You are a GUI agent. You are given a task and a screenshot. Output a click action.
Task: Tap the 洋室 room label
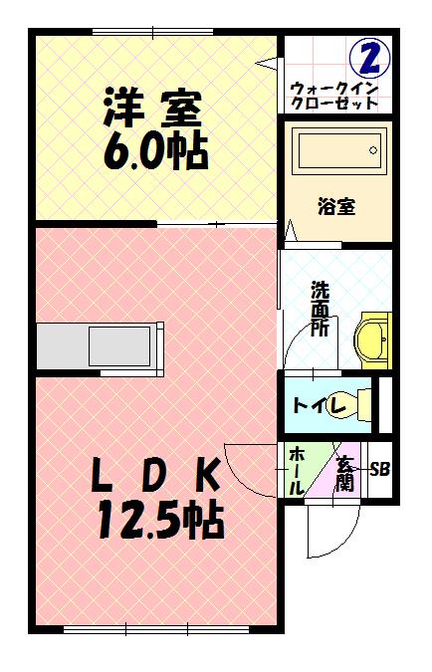pyautogui.click(x=152, y=108)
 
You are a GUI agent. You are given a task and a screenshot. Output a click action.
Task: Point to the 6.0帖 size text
pyautogui.click(x=154, y=151)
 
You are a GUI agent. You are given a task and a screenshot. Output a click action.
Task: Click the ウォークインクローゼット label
pyautogui.click(x=334, y=95)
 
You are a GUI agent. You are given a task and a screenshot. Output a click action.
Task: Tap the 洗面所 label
pyautogui.click(x=320, y=309)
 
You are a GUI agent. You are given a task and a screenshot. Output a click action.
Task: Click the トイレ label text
pyautogui.click(x=319, y=405)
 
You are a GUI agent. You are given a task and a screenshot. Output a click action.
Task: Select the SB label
pyautogui.click(x=379, y=469)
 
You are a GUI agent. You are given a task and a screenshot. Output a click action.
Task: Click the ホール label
pyautogui.click(x=297, y=472)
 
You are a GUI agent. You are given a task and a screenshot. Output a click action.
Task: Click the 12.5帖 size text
pyautogui.click(x=159, y=520)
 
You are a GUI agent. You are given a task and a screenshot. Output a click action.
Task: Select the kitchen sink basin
pyautogui.click(x=119, y=345)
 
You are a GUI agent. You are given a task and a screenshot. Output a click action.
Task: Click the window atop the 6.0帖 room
pyautogui.click(x=154, y=33)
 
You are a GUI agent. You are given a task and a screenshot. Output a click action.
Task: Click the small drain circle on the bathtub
pyautogui.click(x=374, y=151)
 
